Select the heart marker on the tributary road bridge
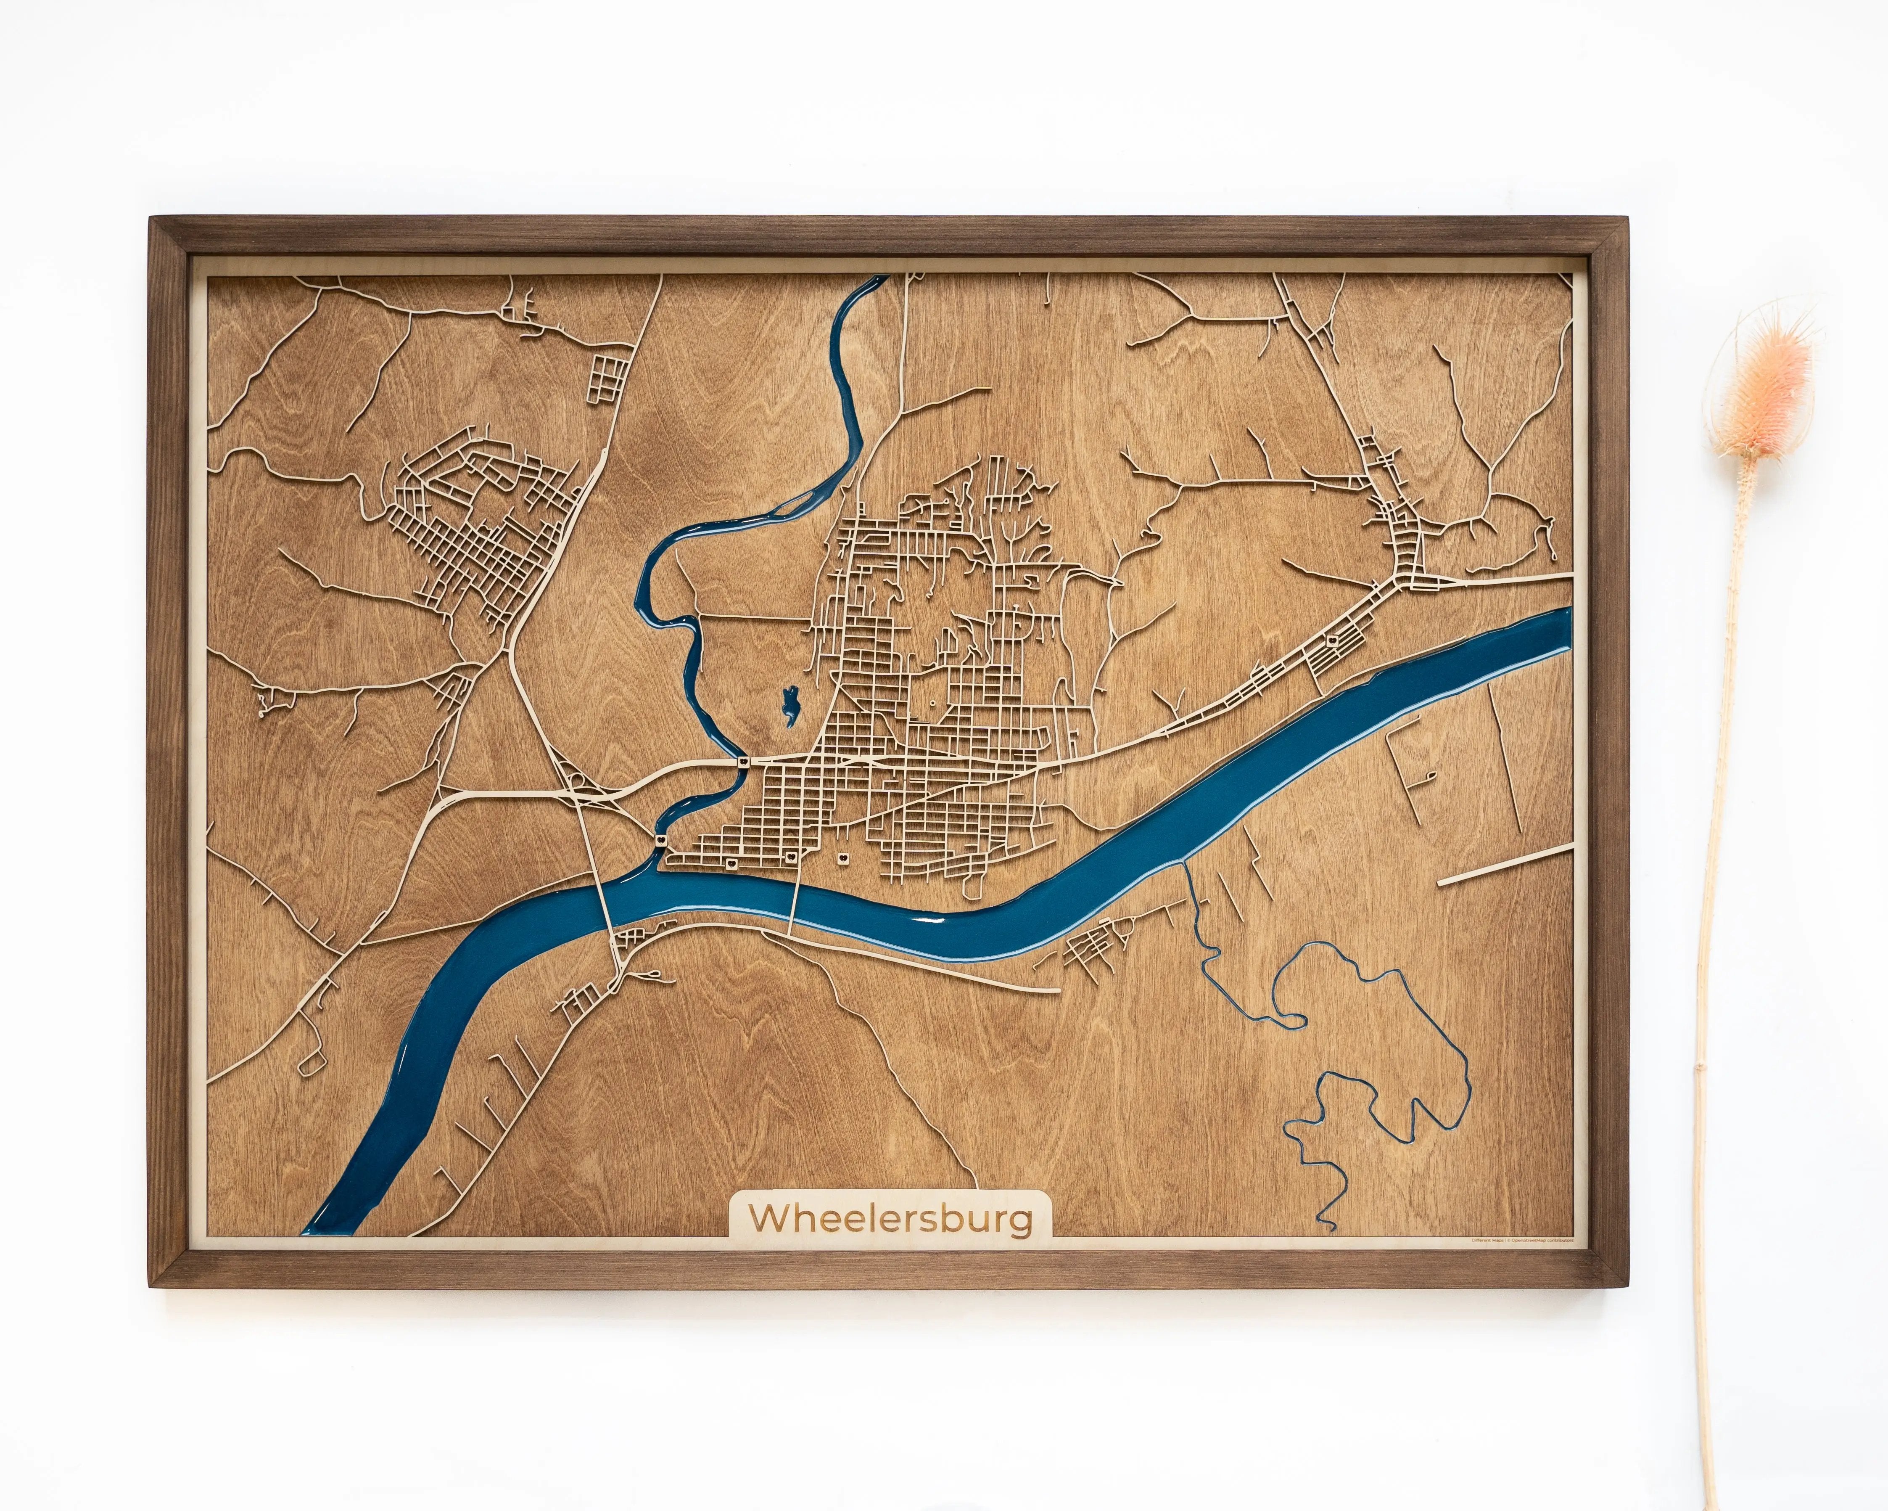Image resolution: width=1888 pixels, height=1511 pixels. coord(742,763)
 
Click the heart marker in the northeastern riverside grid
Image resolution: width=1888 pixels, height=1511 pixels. coord(1332,640)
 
